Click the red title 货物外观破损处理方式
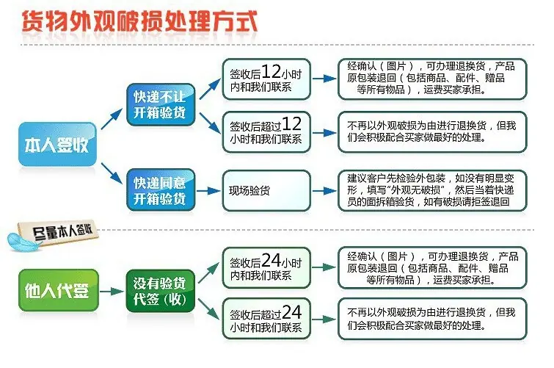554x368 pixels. click(x=139, y=21)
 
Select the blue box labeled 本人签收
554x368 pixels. click(x=57, y=144)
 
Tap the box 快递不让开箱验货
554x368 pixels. click(x=161, y=104)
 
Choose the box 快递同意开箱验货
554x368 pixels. click(x=161, y=190)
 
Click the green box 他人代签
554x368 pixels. click(x=58, y=290)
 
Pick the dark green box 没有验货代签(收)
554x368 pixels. click(x=161, y=291)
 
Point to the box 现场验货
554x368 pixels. click(x=266, y=191)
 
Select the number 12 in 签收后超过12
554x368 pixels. click(x=291, y=124)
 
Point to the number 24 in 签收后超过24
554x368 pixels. click(x=292, y=312)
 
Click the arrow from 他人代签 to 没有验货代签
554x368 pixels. click(x=112, y=291)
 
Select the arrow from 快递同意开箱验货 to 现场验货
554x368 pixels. click(x=208, y=191)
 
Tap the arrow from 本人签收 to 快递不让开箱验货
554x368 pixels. click(x=112, y=119)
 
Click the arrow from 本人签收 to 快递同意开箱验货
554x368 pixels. click(x=112, y=173)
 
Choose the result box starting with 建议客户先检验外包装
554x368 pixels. click(x=432, y=191)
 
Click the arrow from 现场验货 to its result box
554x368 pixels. click(x=324, y=191)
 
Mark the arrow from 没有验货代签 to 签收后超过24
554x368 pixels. click(x=209, y=309)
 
